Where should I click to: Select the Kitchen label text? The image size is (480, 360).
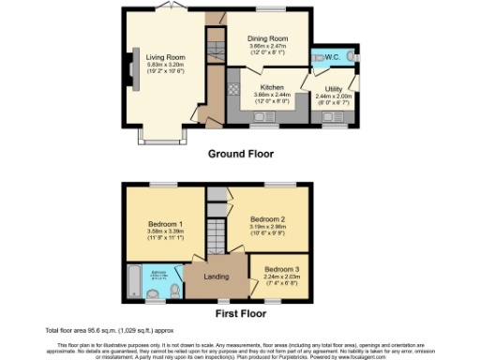(271, 87)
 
